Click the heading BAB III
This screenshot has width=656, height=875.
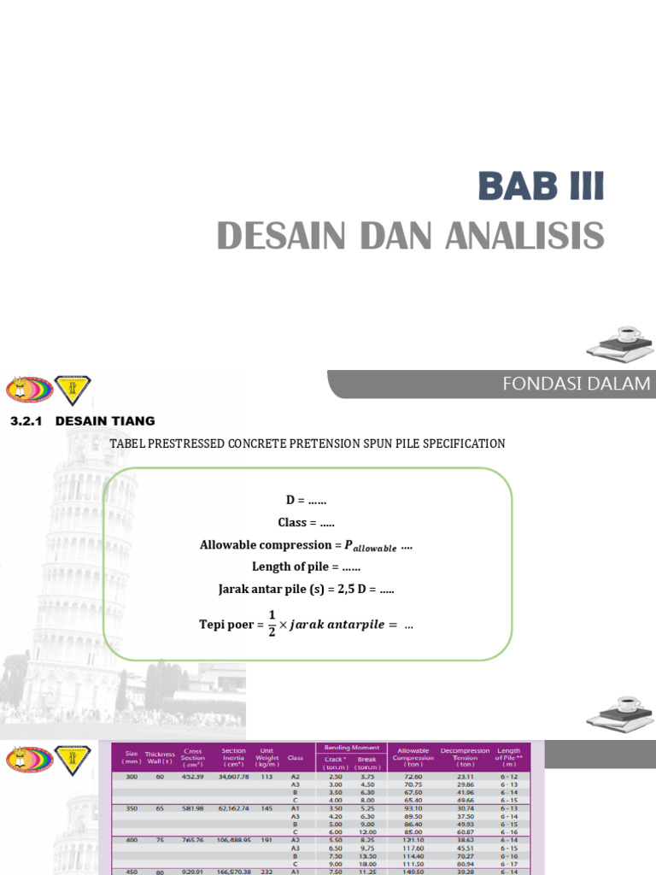coord(541,186)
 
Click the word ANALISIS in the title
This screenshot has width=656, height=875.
coord(524,236)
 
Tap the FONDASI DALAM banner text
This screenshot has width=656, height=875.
coord(577,385)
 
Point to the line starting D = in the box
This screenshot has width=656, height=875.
coord(306,500)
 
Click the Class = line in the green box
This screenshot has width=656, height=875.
coord(306,522)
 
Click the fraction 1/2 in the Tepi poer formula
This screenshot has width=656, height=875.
coord(272,625)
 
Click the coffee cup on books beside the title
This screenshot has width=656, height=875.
coord(620,342)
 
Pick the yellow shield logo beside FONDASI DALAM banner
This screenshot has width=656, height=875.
coord(73,390)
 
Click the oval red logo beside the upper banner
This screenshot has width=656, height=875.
coord(30,390)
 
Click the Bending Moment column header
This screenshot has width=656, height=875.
coord(351,748)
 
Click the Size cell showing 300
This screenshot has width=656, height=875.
coord(131,776)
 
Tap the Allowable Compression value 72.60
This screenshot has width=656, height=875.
coord(413,776)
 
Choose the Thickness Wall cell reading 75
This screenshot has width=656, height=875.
coord(159,841)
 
